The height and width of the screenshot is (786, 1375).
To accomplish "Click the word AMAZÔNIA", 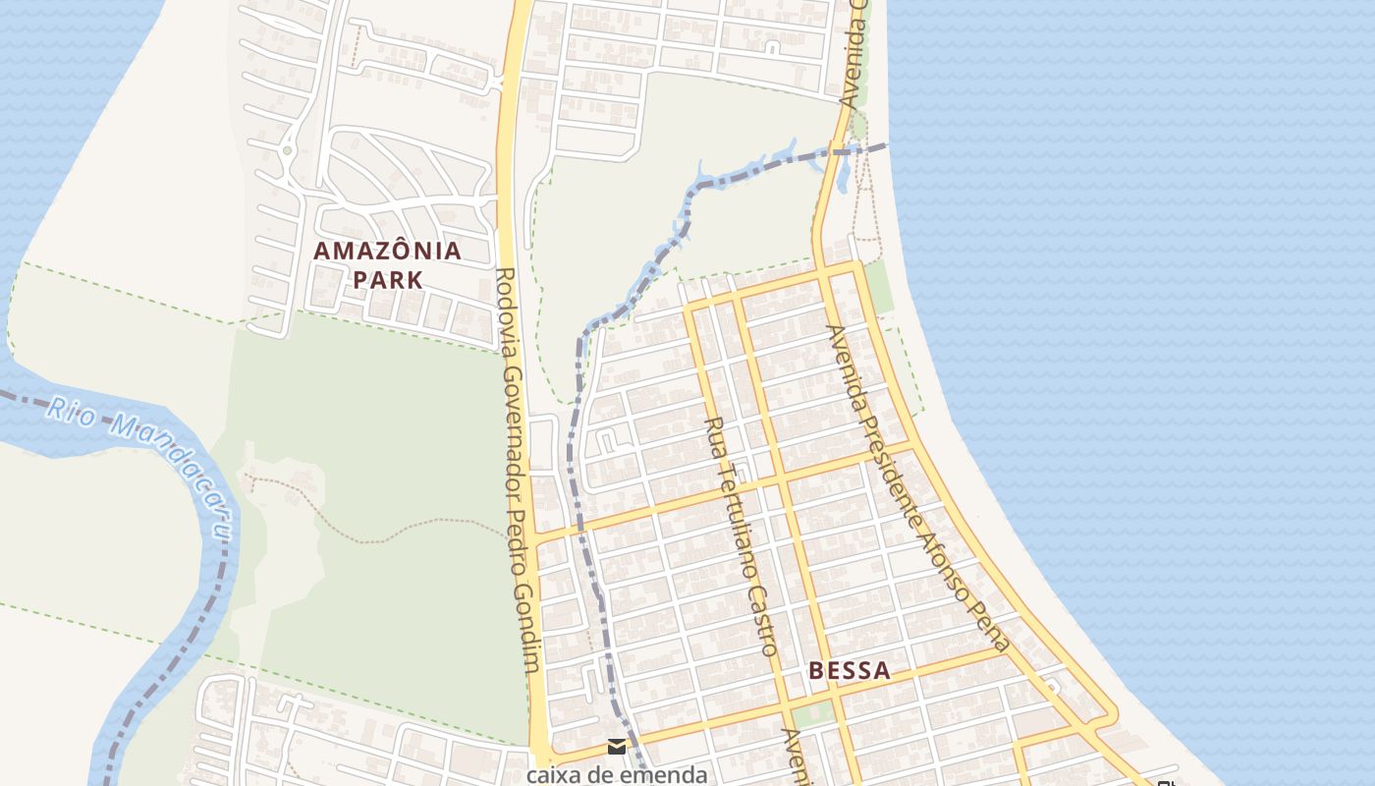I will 387,251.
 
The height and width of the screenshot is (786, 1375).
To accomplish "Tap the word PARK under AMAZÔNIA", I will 387,280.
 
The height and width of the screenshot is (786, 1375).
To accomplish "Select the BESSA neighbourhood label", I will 850,671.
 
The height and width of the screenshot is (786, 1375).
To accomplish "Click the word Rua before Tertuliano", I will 715,438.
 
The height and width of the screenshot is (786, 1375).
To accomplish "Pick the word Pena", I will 993,629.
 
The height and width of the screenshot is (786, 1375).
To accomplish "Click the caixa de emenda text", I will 617,774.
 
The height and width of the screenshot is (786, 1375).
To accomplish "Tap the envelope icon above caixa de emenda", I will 617,747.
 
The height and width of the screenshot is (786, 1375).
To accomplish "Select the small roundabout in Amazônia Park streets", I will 287,150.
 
